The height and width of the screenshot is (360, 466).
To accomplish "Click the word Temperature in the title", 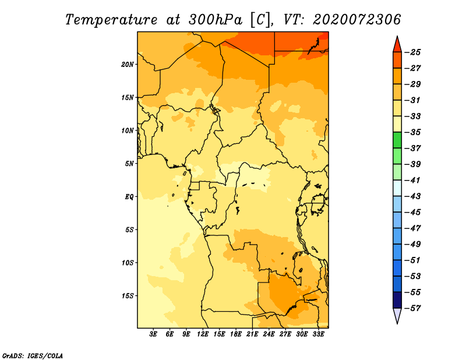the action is (111, 20).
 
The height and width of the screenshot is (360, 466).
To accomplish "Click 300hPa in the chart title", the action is (215, 20).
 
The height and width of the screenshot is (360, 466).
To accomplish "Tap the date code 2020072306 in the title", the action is (356, 20).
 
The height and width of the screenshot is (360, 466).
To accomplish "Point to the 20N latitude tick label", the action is (128, 64).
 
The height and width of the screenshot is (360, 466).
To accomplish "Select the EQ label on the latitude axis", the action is (129, 197).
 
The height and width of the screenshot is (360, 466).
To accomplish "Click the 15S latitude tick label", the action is (128, 296).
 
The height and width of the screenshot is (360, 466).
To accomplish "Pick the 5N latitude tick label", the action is (129, 164).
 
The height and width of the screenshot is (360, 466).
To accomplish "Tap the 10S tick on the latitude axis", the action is (128, 263).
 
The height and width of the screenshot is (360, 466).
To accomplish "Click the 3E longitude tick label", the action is (153, 334).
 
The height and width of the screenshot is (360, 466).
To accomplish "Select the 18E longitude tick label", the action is (236, 334).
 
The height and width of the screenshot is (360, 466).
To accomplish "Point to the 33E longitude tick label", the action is (318, 334).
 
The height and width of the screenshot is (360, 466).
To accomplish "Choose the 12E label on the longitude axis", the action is (203, 334).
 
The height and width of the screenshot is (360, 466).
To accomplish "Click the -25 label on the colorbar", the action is (412, 52).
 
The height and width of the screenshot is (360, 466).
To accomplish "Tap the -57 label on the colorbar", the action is (412, 308).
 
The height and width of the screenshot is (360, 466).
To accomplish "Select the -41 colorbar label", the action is (412, 180).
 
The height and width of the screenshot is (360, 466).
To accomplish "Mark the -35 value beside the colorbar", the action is (412, 132).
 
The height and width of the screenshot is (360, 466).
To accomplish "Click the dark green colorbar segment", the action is (397, 140).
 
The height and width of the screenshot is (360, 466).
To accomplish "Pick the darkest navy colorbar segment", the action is (397, 300).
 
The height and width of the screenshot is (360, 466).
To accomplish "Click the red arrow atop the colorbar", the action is (397, 44).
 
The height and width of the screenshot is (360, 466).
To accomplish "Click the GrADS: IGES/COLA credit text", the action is (33, 356).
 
